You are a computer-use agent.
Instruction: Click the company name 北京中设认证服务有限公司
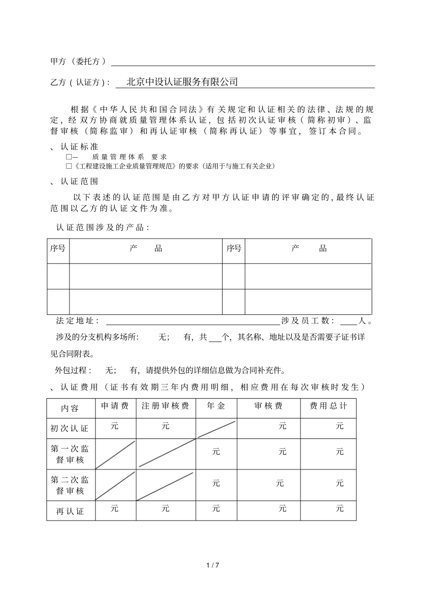point(182,82)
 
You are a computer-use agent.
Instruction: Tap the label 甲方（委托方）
point(78,62)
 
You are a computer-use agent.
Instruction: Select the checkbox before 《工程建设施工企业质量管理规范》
point(69,166)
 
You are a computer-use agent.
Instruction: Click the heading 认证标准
point(79,146)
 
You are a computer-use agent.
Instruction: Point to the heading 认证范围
point(79,181)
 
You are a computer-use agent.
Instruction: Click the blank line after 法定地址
point(192,321)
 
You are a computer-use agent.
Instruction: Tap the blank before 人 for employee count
point(349,321)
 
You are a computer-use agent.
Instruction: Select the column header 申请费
point(115,406)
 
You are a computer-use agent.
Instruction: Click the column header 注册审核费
point(166,406)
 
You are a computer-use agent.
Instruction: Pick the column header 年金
point(216,406)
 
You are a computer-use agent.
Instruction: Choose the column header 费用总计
point(328,406)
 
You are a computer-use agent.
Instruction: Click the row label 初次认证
point(70,429)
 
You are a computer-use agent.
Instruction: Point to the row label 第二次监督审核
point(70,485)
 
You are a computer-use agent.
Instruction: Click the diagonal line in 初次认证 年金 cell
point(216,429)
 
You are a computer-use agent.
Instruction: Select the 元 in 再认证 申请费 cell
point(115,509)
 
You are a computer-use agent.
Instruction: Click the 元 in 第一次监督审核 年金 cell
point(216,452)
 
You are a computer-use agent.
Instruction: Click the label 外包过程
point(73,371)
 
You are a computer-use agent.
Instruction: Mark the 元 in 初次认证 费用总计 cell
point(340,426)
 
